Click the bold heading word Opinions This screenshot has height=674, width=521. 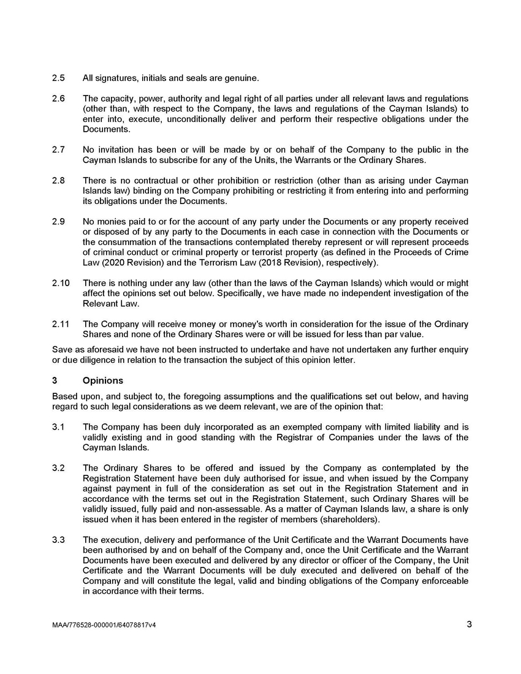point(103,381)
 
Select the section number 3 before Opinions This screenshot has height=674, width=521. point(55,381)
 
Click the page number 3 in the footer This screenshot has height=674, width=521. point(469,625)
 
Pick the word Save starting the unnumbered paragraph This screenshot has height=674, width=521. point(63,350)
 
